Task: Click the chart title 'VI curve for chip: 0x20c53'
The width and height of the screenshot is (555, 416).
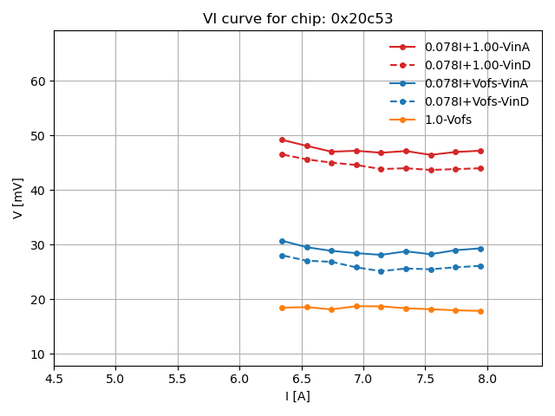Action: (297, 19)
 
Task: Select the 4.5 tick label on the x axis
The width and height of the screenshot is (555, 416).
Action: (54, 379)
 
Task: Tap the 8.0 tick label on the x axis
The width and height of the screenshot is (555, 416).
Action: (487, 379)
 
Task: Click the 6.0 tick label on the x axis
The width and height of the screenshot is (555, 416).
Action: (239, 379)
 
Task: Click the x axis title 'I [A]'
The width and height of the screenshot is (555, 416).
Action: (297, 396)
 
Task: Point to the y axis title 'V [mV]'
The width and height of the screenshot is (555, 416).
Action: (18, 198)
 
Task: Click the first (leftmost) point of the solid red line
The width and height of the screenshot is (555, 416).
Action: (282, 140)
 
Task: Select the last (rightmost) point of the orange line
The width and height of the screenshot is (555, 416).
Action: (480, 311)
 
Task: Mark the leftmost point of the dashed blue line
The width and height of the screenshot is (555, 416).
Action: (282, 256)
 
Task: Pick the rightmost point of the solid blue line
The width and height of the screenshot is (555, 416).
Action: (480, 249)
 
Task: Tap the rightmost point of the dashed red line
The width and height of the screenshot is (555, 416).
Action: (480, 168)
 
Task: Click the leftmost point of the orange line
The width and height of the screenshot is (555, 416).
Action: (282, 308)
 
